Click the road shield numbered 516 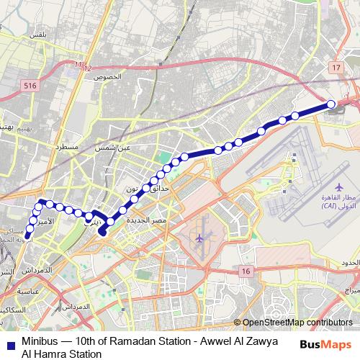pos(29,85)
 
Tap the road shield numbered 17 pos(335,67)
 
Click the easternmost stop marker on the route pos(332,104)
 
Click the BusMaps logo pos(326,343)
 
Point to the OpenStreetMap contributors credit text pos(297,323)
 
